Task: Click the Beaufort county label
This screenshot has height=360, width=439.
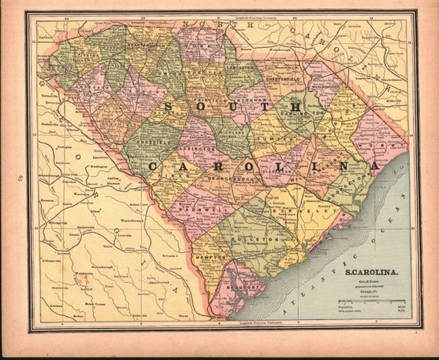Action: click(x=229, y=291)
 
